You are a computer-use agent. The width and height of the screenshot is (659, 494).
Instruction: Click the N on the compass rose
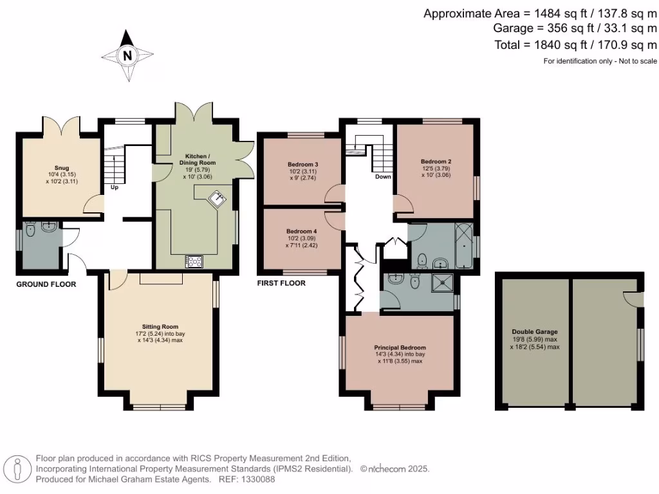(x=127, y=55)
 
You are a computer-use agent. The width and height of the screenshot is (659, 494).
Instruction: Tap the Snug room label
(x=62, y=168)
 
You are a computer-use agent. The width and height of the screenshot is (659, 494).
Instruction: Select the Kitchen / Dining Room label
(x=198, y=160)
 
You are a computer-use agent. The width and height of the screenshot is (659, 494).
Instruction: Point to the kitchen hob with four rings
(x=194, y=262)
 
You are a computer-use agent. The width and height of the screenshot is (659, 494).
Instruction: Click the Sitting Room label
(x=160, y=326)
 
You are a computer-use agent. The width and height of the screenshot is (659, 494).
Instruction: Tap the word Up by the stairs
(x=115, y=187)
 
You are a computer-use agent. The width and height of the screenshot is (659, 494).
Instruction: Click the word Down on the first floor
(x=383, y=176)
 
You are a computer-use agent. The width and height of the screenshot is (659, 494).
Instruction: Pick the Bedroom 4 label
(x=302, y=231)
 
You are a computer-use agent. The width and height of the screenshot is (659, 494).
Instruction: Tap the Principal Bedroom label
(x=400, y=347)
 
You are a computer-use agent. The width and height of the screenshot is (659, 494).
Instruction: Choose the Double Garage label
(x=535, y=331)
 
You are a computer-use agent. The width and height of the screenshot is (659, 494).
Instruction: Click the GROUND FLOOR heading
(x=46, y=284)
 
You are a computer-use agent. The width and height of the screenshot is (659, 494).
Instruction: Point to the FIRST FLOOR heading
(x=282, y=283)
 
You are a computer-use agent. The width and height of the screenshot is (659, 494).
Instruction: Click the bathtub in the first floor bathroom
(x=463, y=246)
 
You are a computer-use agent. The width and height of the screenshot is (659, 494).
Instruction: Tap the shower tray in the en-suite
(x=443, y=283)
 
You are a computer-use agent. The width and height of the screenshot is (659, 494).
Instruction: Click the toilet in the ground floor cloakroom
(x=30, y=230)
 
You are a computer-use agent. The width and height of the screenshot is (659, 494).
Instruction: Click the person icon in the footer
(x=17, y=469)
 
